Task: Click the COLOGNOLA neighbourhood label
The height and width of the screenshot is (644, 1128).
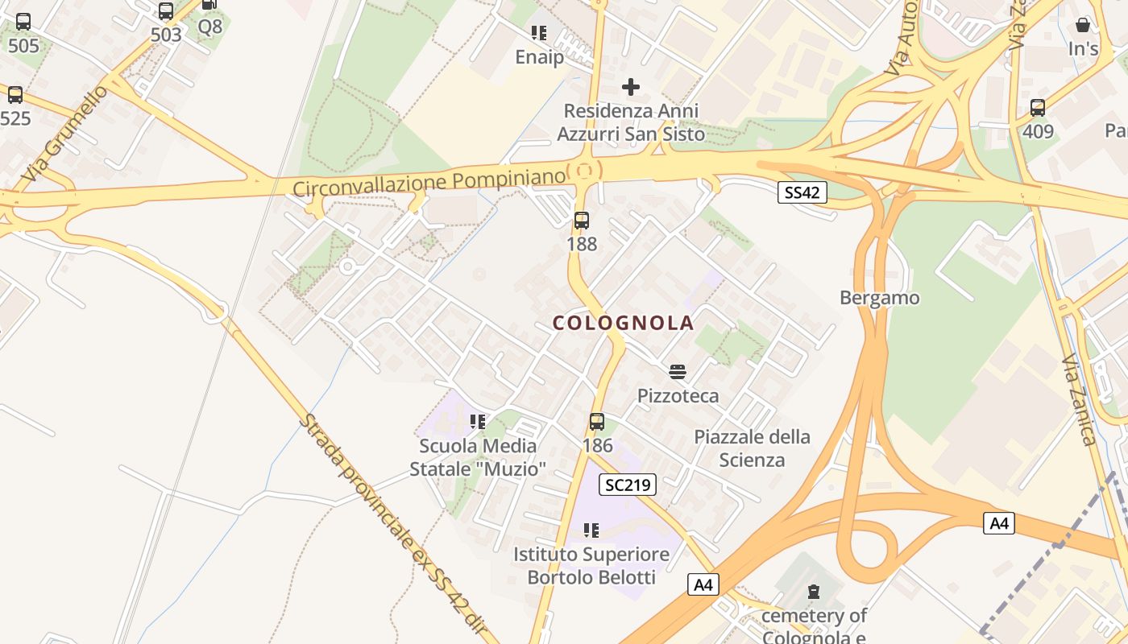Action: coord(623,324)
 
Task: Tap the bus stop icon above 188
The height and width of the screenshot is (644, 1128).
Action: coord(581,221)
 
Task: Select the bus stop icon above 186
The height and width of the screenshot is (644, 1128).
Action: coord(596,422)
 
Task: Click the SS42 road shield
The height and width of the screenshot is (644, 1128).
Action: coord(802,192)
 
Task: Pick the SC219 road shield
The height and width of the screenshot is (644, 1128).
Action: coord(628,485)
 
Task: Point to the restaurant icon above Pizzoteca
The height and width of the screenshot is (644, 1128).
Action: coord(678,372)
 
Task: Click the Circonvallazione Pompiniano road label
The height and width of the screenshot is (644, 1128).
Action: coord(429,182)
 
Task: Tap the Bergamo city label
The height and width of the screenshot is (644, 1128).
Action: coord(879,298)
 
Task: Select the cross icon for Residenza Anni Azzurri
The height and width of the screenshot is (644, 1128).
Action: coord(631,87)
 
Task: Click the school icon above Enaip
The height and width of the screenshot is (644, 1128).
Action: coord(539,33)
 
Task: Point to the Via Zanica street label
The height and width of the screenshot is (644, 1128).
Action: coord(1078,399)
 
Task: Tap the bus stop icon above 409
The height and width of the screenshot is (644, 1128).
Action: coord(1038,108)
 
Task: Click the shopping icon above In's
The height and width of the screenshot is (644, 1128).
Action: coord(1083,25)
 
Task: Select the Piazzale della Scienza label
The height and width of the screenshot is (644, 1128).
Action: coord(752,448)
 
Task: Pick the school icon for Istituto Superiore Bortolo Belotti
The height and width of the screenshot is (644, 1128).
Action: coord(591,530)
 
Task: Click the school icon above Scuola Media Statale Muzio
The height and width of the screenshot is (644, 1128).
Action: coord(478,421)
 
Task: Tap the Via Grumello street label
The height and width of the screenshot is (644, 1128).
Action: coord(65,133)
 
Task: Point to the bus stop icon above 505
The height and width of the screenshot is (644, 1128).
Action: coord(23,22)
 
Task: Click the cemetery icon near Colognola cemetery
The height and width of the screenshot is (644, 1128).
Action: coord(814,592)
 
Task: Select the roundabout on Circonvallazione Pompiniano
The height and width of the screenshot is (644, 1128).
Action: coord(584,171)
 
